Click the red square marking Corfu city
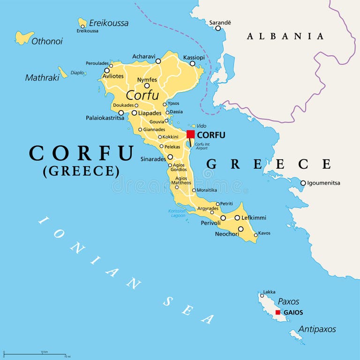pyautogui.click(x=191, y=135)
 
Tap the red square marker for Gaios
pyautogui.click(x=278, y=312)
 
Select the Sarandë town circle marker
pyautogui.click(x=218, y=28)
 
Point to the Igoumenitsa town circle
pyautogui.click(x=303, y=183)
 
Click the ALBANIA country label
pyautogui.click(x=285, y=36)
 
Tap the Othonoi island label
pyautogui.click(x=47, y=41)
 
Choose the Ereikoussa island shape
pyautogui.click(x=82, y=22)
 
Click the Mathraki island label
pyautogui.click(x=41, y=77)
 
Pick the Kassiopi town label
pyautogui.click(x=194, y=57)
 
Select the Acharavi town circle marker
pyautogui.click(x=158, y=61)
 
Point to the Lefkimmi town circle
pyautogui.click(x=237, y=217)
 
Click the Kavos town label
pyautogui.click(x=264, y=233)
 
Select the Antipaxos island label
pyautogui.click(x=317, y=329)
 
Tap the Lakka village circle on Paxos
pyautogui.click(x=262, y=295)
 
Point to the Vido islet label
pyautogui.click(x=201, y=126)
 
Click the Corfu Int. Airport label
pyautogui.click(x=202, y=146)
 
